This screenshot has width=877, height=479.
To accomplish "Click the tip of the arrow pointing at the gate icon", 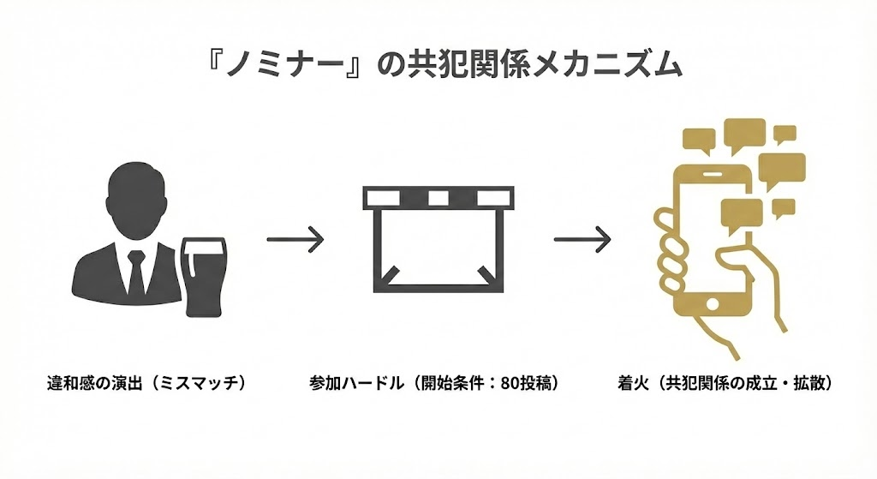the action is click(x=324, y=239).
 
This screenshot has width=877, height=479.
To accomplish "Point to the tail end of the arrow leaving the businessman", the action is click(x=267, y=239).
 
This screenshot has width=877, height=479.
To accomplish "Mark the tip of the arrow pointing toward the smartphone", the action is click(x=611, y=239).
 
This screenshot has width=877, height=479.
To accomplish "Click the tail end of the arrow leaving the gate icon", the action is click(x=554, y=239).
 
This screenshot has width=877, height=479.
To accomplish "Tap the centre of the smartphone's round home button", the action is click(x=713, y=304).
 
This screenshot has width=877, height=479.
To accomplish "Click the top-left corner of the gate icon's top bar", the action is click(x=363, y=186).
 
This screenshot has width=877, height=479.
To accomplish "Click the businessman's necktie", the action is click(x=136, y=272).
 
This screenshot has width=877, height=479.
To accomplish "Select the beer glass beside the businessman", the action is click(x=205, y=277).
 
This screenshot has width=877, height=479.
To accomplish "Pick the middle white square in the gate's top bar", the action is click(x=438, y=198).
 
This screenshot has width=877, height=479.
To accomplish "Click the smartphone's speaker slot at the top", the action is click(x=711, y=173).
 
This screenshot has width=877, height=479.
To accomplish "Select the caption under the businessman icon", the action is click(x=146, y=384).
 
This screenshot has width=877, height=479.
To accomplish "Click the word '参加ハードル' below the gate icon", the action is click(x=356, y=384).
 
